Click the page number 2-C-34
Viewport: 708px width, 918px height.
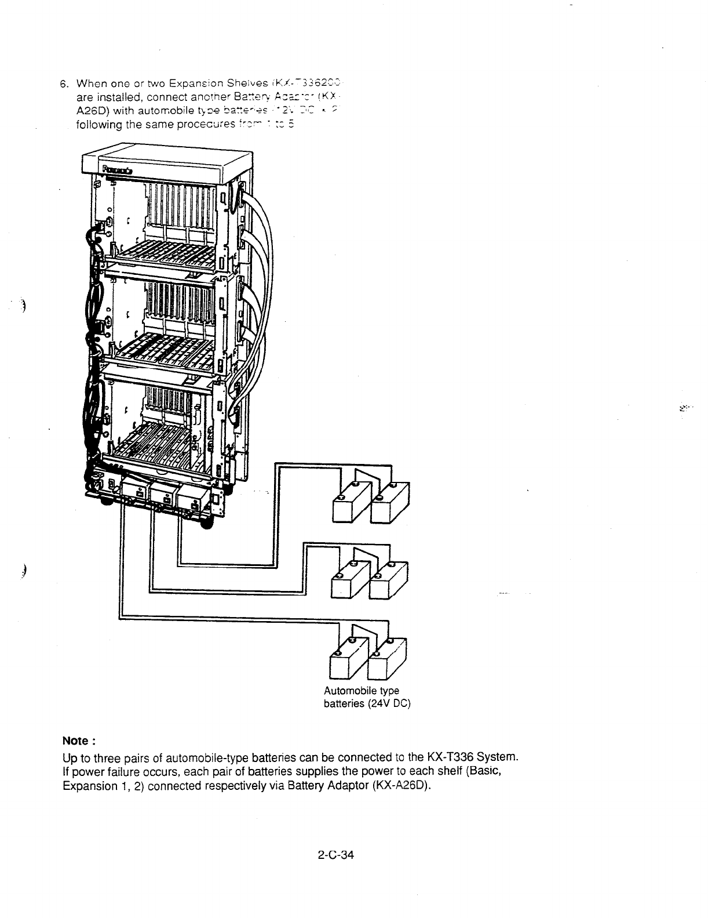(337, 855)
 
